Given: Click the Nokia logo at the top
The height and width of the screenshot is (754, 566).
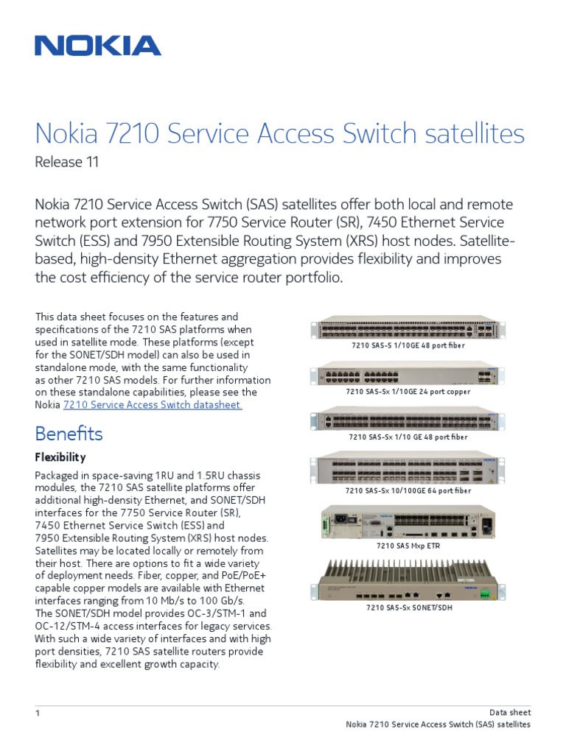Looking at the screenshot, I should tap(97, 46).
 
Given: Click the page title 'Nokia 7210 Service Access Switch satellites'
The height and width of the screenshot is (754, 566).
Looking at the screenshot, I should tap(279, 134).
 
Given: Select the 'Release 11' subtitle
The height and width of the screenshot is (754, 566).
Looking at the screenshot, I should tap(66, 162).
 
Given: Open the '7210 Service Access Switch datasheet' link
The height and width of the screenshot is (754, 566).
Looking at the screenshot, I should tap(153, 404).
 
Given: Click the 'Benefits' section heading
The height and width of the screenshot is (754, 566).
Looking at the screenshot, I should tap(69, 433).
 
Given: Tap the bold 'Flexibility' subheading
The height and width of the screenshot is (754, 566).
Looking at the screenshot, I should tap(60, 457).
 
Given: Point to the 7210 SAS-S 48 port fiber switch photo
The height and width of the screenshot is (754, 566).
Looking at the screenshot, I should tap(408, 328).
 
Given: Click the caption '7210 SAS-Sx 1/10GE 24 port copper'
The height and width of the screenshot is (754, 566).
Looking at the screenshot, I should tap(408, 392).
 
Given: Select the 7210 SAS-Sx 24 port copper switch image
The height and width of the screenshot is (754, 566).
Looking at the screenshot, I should tap(408, 373).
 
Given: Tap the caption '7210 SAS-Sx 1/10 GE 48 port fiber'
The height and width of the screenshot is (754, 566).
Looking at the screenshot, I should tap(408, 437).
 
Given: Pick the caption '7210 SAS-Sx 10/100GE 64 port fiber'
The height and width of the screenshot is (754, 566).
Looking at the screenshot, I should tap(408, 490).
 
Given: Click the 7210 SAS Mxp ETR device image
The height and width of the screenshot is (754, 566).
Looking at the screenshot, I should tap(408, 522).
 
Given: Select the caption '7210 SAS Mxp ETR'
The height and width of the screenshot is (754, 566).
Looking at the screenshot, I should tap(408, 546).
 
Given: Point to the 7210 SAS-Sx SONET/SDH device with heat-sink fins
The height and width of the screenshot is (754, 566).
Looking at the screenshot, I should tap(408, 578).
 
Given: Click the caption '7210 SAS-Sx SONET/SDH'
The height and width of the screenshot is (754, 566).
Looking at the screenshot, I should tap(408, 608).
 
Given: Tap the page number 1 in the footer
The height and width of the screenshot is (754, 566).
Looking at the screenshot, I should tap(38, 714).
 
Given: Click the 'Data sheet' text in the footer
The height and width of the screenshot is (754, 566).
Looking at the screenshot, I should tap(510, 712).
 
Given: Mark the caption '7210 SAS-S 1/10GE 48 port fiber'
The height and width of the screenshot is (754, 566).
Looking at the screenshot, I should tap(408, 345).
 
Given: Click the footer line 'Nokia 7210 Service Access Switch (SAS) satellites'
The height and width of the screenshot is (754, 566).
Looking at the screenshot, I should tap(438, 725).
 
